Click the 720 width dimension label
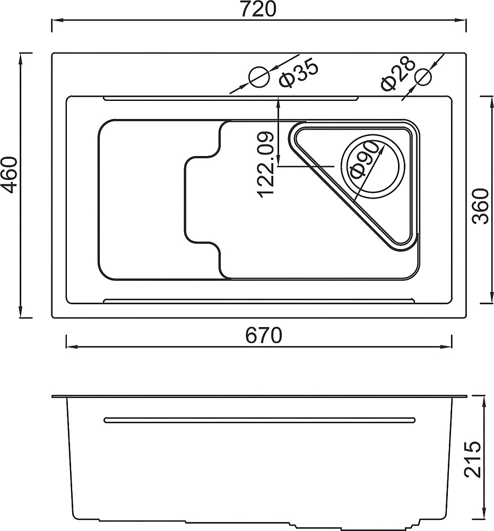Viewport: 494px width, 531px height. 258,9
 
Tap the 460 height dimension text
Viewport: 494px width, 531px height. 8,174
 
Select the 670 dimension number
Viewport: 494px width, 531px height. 264,335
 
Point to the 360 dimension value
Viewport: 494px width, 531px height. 481,206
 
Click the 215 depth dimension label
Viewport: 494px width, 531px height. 473,459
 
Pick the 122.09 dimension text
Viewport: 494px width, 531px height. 265,165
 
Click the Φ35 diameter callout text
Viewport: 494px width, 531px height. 298,73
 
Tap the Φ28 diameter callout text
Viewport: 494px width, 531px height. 397,73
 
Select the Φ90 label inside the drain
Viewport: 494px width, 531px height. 363,159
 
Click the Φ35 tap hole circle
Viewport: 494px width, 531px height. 259,77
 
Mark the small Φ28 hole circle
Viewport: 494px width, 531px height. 423,77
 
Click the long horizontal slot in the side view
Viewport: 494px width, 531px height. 259,420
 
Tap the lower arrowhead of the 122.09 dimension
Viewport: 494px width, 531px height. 278,160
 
